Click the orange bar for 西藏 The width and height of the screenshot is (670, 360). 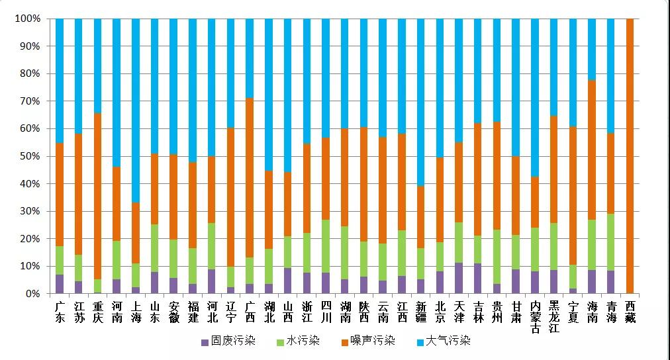pos(630,156)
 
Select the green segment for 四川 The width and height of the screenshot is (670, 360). pos(326,246)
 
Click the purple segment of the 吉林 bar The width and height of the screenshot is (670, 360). pos(478,278)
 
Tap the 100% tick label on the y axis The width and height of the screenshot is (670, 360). pos(28,19)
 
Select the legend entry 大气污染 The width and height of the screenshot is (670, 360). pos(443,341)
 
